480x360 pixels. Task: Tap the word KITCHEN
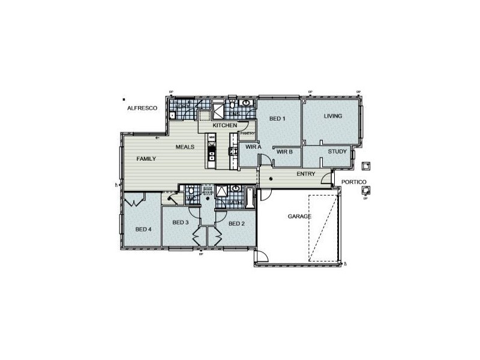pyautogui.click(x=224, y=125)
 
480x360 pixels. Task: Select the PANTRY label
pyautogui.click(x=248, y=133)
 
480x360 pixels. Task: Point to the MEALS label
pyautogui.click(x=184, y=147)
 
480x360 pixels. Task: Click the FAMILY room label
pyautogui.click(x=146, y=159)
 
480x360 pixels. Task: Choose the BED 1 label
pyautogui.click(x=277, y=118)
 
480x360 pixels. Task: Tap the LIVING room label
pyautogui.click(x=333, y=116)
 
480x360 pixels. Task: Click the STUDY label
pyautogui.click(x=337, y=151)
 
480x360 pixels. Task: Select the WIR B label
pyautogui.click(x=284, y=152)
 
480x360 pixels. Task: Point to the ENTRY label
pyautogui.click(x=306, y=174)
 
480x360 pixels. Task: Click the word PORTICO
pyautogui.click(x=350, y=182)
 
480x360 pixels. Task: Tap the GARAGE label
pyautogui.click(x=299, y=215)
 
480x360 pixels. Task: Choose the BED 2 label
pyautogui.click(x=236, y=223)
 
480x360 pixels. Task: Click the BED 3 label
pyautogui.click(x=181, y=223)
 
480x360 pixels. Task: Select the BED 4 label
pyautogui.click(x=143, y=229)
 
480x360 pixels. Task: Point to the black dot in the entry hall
pyautogui.click(x=272, y=179)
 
